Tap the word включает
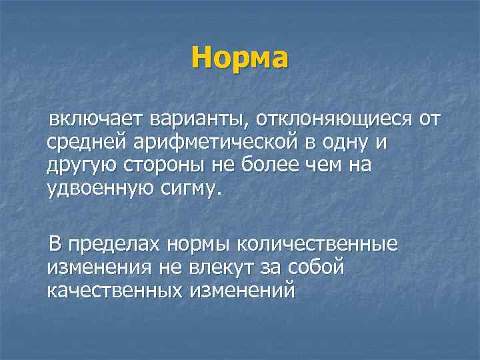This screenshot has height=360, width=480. (x=85, y=120)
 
